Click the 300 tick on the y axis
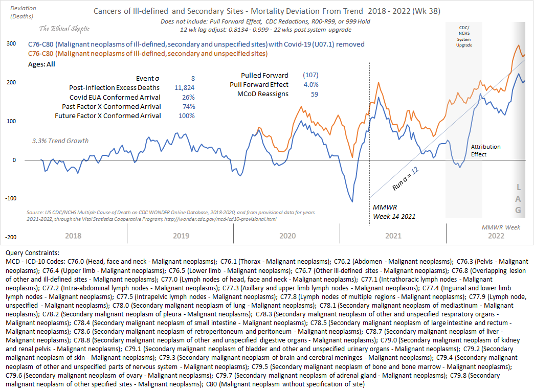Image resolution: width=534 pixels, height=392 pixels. tap(11, 44)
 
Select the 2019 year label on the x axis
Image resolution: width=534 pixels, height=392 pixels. tap(181, 236)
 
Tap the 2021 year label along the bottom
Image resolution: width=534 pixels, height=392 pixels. tap(393, 236)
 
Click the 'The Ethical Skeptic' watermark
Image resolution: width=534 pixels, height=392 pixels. tap(65, 29)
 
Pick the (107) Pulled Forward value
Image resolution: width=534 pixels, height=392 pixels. tap(310, 75)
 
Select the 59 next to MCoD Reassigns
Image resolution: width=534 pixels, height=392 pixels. tap(315, 94)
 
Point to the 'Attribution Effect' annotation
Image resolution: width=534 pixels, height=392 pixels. tap(486, 150)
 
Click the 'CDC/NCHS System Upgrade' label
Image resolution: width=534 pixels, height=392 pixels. tap(464, 35)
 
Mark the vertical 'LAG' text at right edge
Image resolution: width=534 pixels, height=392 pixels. tap(518, 198)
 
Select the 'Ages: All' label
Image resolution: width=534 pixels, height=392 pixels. tap(41, 64)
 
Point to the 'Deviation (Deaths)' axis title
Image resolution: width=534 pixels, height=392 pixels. tap(21, 13)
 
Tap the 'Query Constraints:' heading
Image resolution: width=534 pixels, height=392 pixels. tap(32, 252)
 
